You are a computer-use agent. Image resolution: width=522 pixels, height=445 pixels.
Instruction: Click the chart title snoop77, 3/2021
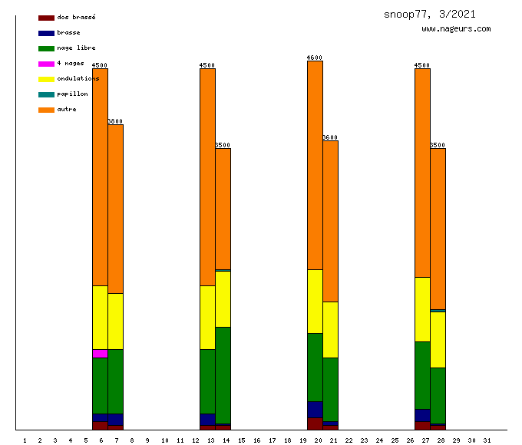pyautogui.click(x=429, y=14)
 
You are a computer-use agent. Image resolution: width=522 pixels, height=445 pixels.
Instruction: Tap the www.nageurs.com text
pyautogui.click(x=456, y=29)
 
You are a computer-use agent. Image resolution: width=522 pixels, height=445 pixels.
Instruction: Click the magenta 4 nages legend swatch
pyautogui.click(x=46, y=64)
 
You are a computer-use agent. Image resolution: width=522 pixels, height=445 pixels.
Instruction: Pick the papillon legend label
pyautogui.click(x=72, y=94)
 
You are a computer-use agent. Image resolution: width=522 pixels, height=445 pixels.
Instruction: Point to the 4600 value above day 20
pyautogui.click(x=315, y=58)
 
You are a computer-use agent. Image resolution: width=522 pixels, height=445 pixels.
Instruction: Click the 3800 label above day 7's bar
pyautogui.click(x=115, y=121)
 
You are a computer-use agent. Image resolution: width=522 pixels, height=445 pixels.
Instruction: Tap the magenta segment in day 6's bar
pyautogui.click(x=100, y=354)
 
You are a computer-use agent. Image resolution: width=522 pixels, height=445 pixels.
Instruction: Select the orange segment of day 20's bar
pyautogui.click(x=315, y=165)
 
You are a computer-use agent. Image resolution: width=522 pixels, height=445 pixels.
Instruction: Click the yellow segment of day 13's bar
pyautogui.click(x=207, y=317)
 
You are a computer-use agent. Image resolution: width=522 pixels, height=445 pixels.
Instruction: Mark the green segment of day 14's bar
pyautogui.click(x=223, y=375)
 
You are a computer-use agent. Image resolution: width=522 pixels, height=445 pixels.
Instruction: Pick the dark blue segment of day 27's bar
pyautogui.click(x=422, y=415)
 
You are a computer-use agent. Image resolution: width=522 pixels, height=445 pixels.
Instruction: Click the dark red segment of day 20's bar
pyautogui.click(x=315, y=424)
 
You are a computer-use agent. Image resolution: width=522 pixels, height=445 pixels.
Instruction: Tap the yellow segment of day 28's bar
pyautogui.click(x=438, y=339)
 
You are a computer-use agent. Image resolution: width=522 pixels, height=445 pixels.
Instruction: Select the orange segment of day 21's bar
pyautogui.click(x=330, y=221)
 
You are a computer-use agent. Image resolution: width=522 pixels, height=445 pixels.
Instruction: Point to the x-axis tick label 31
pyautogui.click(x=487, y=440)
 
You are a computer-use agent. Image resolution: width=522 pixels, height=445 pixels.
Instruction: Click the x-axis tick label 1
pyautogui.click(x=25, y=440)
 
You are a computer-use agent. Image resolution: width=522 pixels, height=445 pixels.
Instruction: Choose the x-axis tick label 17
pyautogui.click(x=272, y=440)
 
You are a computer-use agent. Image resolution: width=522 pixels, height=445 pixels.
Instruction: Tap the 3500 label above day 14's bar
pyautogui.click(x=223, y=145)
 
